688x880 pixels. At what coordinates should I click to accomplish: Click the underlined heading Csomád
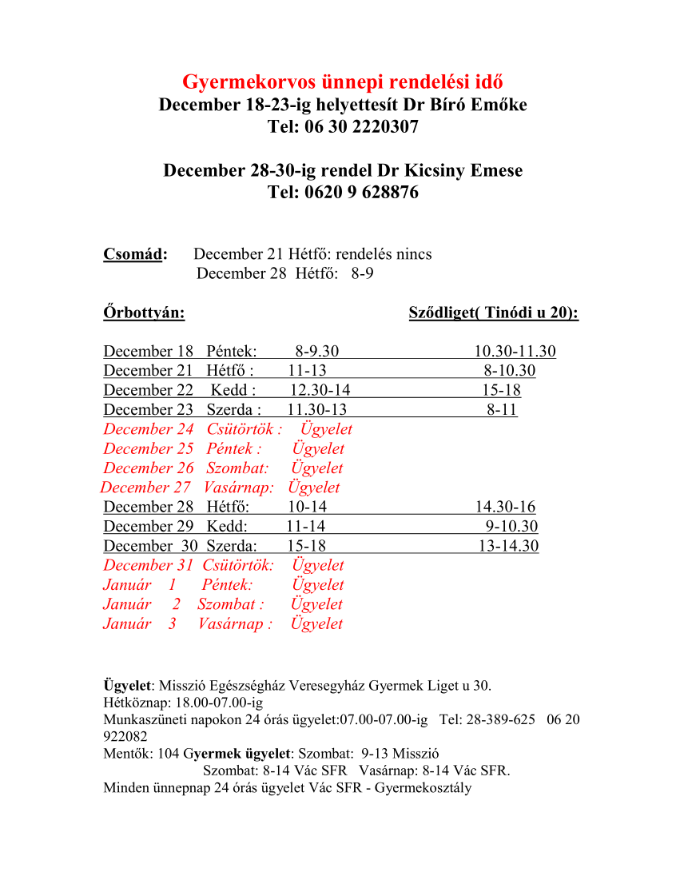(x=134, y=255)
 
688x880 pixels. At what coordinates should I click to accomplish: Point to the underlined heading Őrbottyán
(x=144, y=313)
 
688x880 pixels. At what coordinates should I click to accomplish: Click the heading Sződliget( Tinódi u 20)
(x=493, y=313)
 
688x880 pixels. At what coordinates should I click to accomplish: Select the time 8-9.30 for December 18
(x=316, y=352)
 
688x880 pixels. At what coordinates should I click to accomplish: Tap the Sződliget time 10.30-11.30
(x=515, y=352)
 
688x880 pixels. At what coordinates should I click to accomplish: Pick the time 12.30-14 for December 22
(x=320, y=391)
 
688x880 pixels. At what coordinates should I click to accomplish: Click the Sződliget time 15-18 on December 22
(x=501, y=391)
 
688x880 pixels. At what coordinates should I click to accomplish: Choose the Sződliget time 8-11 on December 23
(x=502, y=410)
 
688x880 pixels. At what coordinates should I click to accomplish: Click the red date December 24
(x=149, y=429)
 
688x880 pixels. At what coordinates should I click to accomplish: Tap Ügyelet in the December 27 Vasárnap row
(x=314, y=488)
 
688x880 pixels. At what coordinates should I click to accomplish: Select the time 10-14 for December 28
(x=307, y=507)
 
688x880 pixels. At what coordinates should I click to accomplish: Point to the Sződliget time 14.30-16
(x=505, y=507)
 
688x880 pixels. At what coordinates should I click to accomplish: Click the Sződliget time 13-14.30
(x=508, y=546)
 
